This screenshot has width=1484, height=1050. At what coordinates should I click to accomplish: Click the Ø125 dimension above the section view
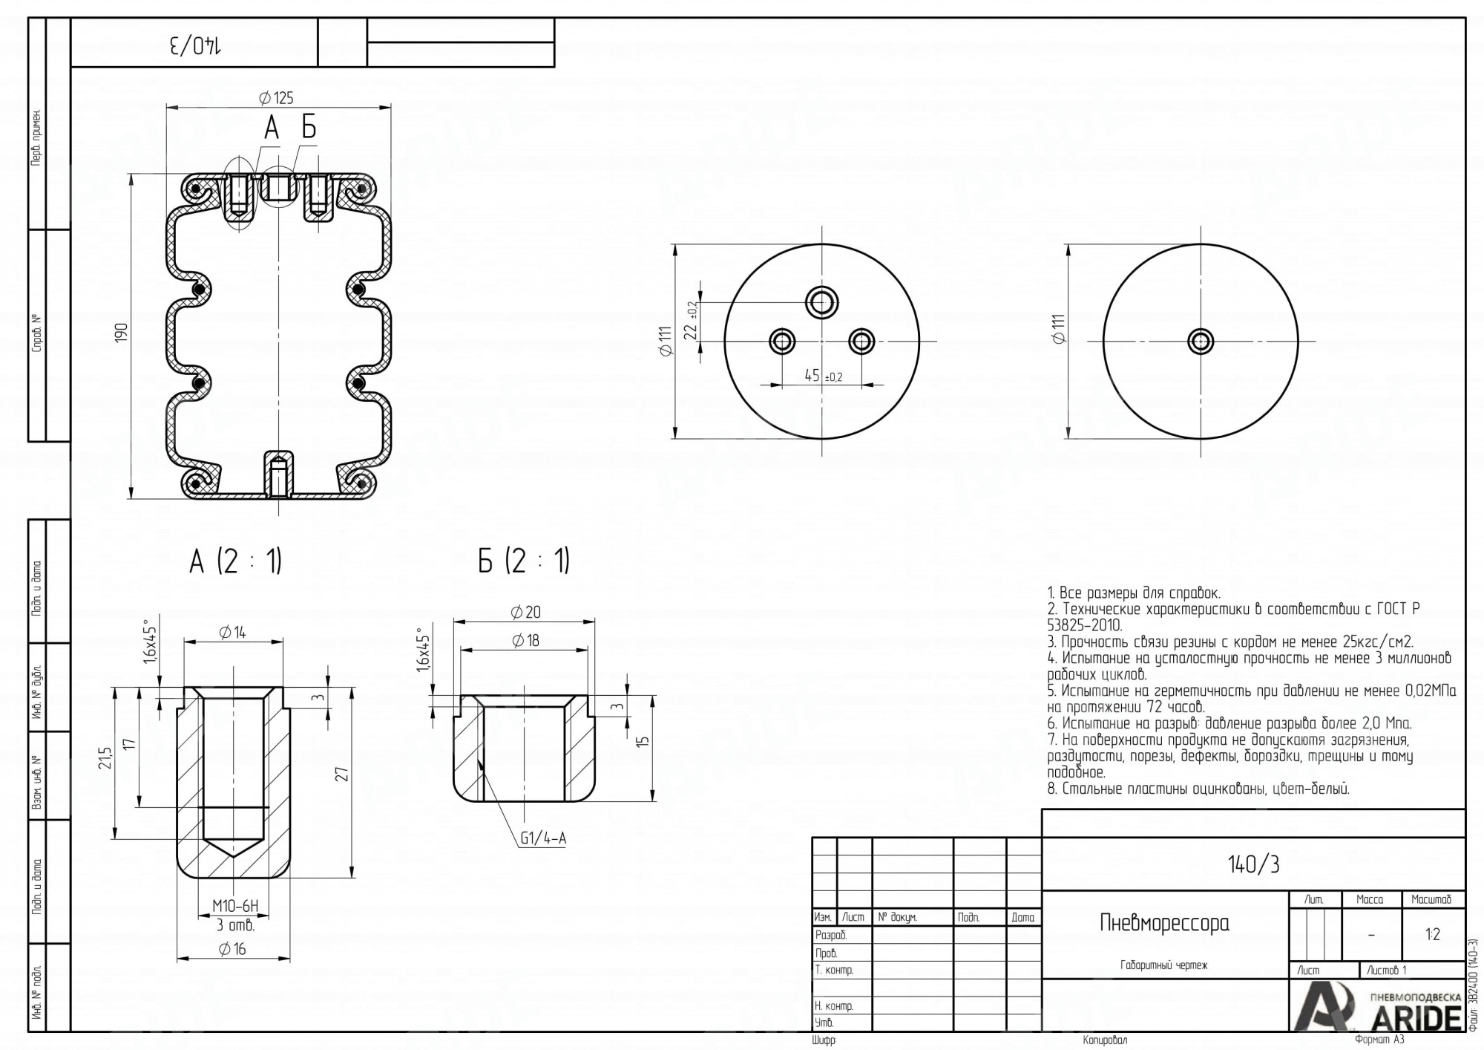point(276,98)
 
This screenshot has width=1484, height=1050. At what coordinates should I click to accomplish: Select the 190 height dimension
point(122,332)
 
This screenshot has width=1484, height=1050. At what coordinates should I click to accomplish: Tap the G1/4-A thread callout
point(543,838)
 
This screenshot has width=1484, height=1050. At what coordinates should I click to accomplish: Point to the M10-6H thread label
point(235,906)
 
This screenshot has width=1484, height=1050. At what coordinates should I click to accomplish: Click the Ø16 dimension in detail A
point(232,949)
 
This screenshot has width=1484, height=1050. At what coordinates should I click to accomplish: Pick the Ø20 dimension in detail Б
point(525,613)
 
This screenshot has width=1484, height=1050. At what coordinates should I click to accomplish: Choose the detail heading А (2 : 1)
point(235,561)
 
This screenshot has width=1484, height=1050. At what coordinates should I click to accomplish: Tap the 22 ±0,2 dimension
point(692,320)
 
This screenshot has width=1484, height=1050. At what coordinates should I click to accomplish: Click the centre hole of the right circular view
point(1201,342)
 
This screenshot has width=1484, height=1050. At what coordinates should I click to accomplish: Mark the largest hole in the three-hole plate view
point(822,302)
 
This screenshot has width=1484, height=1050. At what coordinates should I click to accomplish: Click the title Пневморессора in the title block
point(1164,923)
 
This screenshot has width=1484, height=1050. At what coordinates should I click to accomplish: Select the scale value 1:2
point(1433,934)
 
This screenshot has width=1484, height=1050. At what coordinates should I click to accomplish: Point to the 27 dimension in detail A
point(342,774)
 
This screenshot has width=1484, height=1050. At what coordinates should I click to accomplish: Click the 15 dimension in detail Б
point(643,741)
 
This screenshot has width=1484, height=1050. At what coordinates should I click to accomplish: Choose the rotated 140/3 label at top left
point(195,45)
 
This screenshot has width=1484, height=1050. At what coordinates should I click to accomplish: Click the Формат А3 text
point(1379,1040)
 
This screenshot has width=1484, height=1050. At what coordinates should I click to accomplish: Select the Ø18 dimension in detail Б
point(525,640)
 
